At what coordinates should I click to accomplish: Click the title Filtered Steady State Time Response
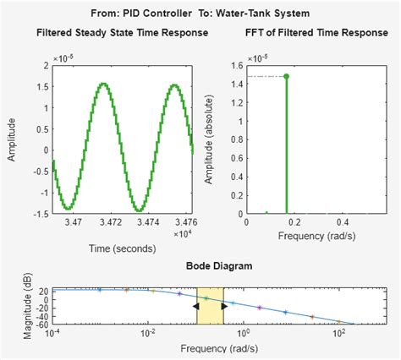pyautogui.click(x=123, y=33)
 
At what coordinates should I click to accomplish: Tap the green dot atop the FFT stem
pyautogui.click(x=287, y=76)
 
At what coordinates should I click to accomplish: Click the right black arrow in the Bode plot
pyautogui.click(x=224, y=306)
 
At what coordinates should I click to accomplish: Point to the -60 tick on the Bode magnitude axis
pyautogui.click(x=41, y=324)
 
